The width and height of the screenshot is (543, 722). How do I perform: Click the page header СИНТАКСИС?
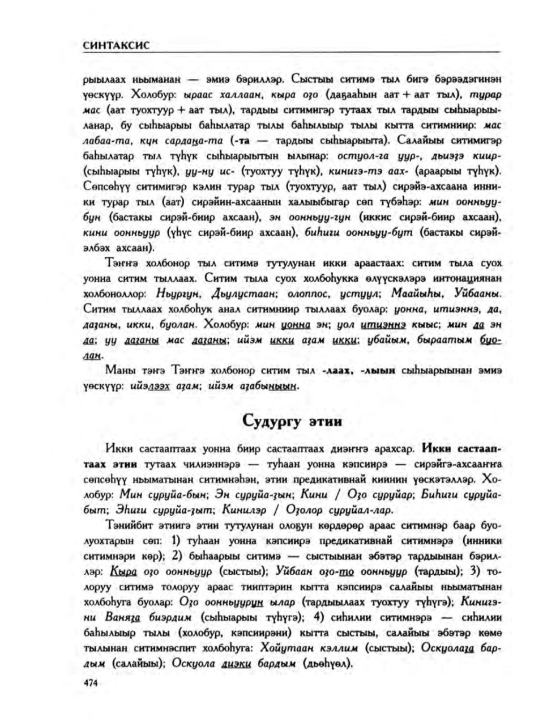tap(117, 46)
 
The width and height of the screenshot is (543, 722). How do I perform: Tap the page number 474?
tap(91, 683)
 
